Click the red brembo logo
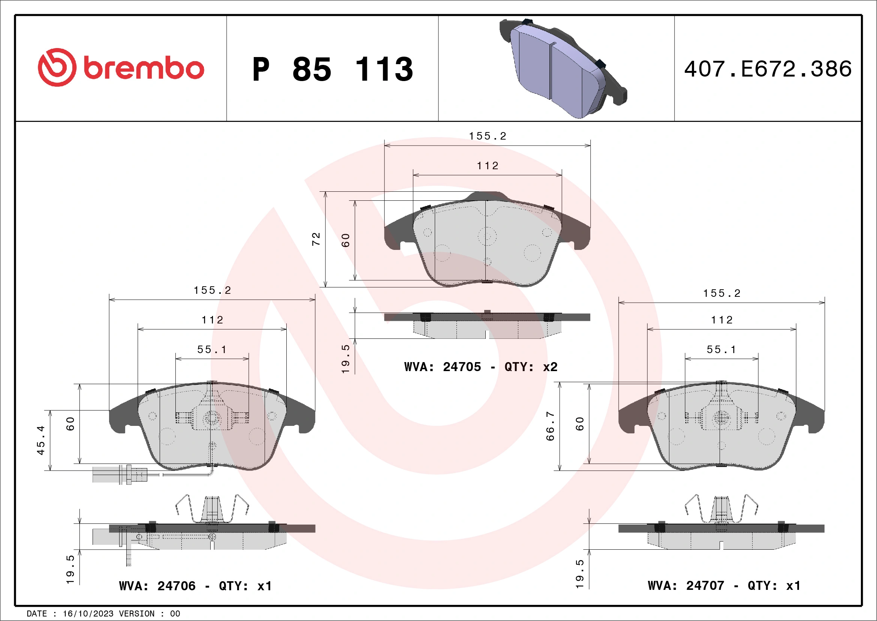(121, 68)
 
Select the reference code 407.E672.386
(768, 69)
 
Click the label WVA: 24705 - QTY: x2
(480, 367)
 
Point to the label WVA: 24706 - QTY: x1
(195, 586)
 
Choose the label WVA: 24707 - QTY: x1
(724, 585)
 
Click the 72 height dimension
(316, 239)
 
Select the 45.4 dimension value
(41, 440)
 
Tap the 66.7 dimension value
(550, 426)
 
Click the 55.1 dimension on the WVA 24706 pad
(212, 349)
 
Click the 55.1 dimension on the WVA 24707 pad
(721, 349)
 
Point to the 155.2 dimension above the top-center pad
(487, 136)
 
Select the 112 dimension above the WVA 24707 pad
(721, 320)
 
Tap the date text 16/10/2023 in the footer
(88, 614)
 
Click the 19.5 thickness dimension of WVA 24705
(345, 359)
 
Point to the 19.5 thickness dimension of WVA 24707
(579, 574)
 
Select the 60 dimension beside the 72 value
(345, 240)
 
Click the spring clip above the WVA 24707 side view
(721, 508)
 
